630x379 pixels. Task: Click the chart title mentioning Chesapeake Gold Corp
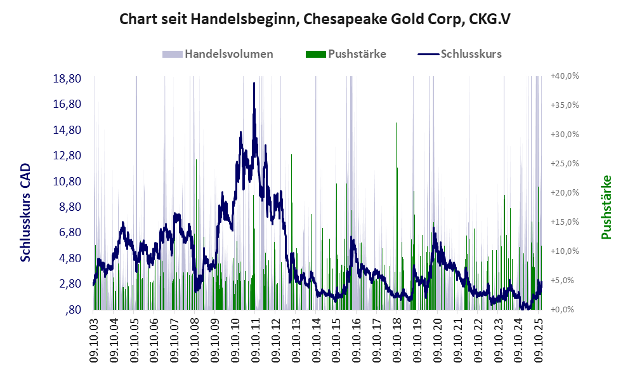pos(315,19)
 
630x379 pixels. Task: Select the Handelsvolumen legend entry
pos(228,54)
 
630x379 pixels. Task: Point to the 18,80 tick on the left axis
pos(67,79)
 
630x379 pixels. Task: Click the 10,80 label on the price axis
pos(67,181)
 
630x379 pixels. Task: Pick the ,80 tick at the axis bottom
pos(75,309)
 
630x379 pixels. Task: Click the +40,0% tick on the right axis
pos(564,76)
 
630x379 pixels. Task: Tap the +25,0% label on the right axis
pos(564,163)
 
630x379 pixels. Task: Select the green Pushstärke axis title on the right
pos(607,207)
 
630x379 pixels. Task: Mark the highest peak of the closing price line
pos(254,83)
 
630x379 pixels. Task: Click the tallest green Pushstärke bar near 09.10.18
pos(396,124)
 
